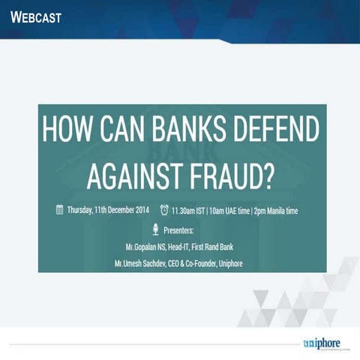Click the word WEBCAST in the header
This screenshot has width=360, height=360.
click(37, 16)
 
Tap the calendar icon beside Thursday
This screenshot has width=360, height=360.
click(59, 211)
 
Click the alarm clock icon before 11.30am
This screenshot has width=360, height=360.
click(164, 211)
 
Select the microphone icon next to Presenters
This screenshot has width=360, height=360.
click(154, 229)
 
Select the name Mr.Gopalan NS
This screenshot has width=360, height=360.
click(147, 246)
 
